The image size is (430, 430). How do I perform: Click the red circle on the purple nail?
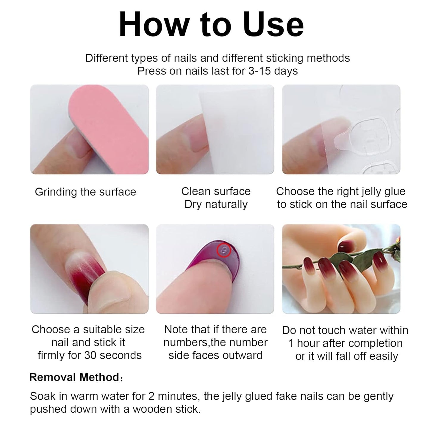coord(224,250)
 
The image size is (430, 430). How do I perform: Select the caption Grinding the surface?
coord(85,192)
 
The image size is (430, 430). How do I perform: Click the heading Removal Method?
coord(74,377)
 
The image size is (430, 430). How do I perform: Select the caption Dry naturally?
coord(216,204)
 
